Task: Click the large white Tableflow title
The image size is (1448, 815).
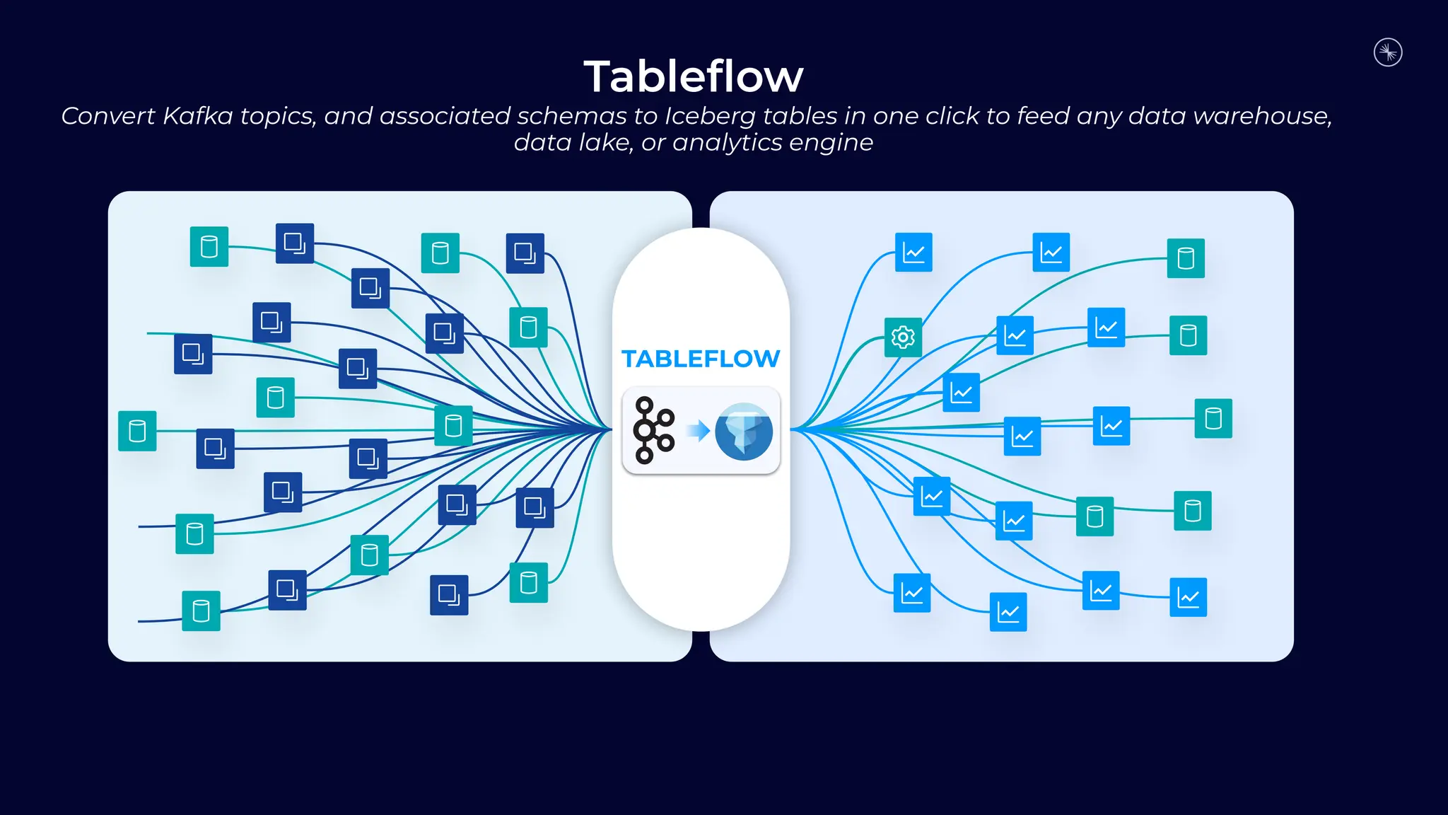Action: [x=694, y=76]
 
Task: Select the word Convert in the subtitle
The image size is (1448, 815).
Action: [x=107, y=116]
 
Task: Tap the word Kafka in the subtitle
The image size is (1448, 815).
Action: [x=197, y=116]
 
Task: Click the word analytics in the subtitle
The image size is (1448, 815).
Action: [x=727, y=143]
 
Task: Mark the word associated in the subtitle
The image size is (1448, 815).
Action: [x=445, y=116]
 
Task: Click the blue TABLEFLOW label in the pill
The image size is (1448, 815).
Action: [x=701, y=359]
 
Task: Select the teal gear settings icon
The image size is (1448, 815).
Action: [x=903, y=337]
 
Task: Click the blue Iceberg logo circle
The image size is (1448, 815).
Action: [x=743, y=432]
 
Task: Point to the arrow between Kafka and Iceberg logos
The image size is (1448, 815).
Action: [x=698, y=430]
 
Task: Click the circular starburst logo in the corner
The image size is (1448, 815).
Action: [x=1388, y=52]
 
